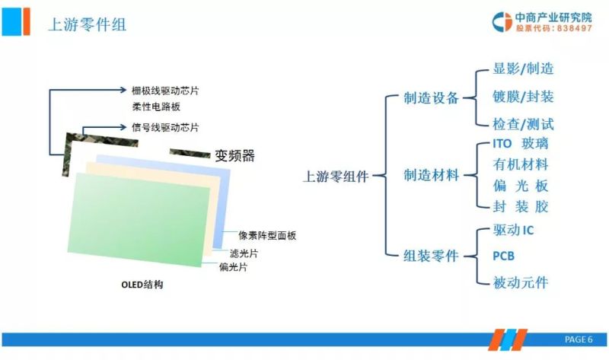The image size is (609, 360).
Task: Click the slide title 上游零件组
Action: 87,24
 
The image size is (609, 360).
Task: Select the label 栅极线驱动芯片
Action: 164,90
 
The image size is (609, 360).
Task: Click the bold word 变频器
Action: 234,157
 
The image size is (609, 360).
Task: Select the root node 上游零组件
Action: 336,177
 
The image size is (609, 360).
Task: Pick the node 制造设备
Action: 432,98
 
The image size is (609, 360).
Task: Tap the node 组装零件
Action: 432,256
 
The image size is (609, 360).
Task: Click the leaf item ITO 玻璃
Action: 520,143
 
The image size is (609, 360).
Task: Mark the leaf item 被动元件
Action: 520,282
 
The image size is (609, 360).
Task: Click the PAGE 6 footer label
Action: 578,339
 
